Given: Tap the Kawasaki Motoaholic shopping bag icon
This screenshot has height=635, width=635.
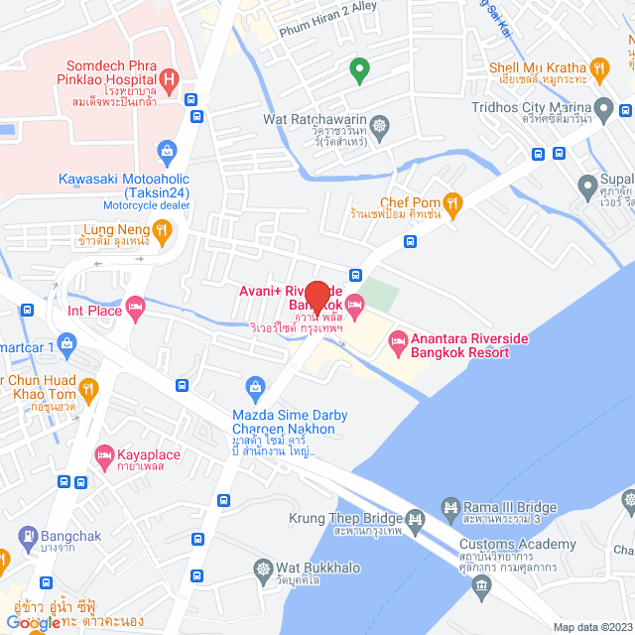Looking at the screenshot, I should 166,152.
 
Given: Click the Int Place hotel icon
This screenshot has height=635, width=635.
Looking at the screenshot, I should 136,311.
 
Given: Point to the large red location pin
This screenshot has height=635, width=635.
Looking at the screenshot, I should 317,298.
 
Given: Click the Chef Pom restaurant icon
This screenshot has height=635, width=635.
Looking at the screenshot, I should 452,205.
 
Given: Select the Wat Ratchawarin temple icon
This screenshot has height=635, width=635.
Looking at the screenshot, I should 379,126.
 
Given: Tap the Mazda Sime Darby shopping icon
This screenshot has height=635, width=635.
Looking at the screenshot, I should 255,385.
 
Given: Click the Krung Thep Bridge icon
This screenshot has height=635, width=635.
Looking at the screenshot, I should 415,518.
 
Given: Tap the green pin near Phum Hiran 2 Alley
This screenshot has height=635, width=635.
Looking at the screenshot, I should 359,68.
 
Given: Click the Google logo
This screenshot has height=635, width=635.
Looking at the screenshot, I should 32,622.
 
